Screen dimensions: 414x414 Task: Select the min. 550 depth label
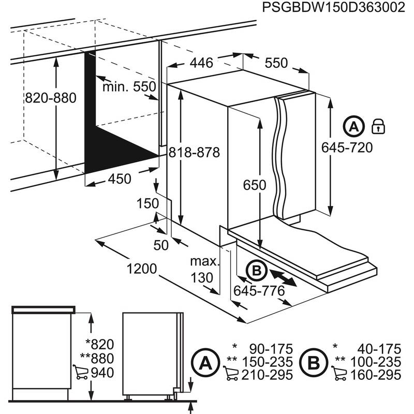pos(129,86)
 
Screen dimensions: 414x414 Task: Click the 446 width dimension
pos(201,63)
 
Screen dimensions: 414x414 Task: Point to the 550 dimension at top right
pos(276,63)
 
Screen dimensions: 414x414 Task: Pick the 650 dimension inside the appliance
pos(255,185)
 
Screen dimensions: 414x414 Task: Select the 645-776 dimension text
pos(259,291)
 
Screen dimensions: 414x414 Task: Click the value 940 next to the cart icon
pos(101,373)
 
